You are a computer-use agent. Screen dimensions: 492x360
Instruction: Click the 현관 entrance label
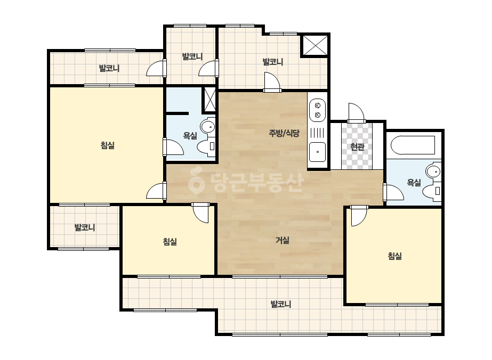click(x=357, y=146)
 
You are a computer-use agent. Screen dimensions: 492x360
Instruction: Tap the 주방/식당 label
click(x=284, y=133)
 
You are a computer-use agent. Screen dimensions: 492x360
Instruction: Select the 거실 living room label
click(x=283, y=240)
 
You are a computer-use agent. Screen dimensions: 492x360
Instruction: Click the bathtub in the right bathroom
click(x=413, y=145)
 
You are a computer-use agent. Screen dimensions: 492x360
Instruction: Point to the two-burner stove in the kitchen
click(x=317, y=110)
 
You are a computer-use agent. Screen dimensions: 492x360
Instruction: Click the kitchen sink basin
click(x=317, y=152)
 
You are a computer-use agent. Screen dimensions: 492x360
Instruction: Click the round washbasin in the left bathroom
click(x=207, y=127)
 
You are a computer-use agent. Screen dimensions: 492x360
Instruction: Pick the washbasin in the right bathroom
click(x=433, y=171)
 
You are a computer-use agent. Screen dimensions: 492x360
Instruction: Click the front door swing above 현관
click(x=356, y=112)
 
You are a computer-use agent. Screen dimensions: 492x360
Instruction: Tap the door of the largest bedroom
click(x=157, y=191)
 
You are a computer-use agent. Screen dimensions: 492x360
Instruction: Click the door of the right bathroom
click(x=393, y=192)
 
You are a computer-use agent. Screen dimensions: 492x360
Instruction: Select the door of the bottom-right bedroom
click(x=359, y=216)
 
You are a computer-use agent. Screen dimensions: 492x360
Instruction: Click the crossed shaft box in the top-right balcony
click(x=315, y=45)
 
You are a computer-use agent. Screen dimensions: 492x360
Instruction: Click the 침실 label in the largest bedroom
click(x=107, y=145)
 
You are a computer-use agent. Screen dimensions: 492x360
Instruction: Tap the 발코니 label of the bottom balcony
click(x=281, y=304)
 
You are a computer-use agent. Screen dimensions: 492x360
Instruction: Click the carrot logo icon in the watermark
click(x=197, y=181)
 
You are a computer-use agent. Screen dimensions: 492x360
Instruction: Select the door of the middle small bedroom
click(x=200, y=212)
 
